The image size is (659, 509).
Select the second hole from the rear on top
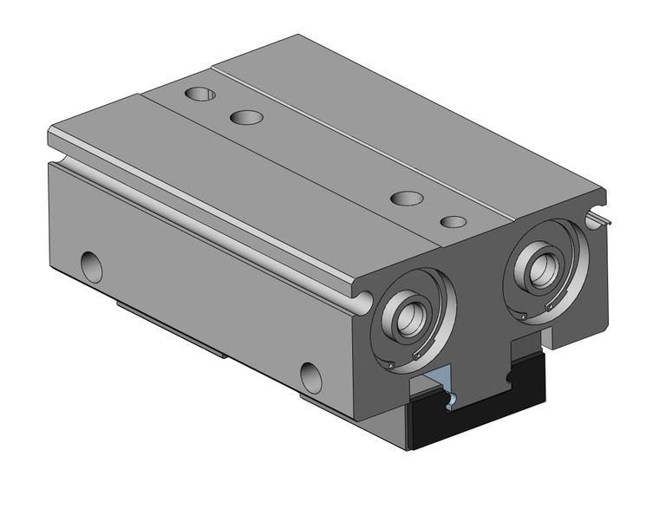[x=247, y=116]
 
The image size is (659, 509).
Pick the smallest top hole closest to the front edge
[x=452, y=222]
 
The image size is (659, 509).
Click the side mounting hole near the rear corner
[x=91, y=267]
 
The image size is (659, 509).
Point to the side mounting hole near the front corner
[x=310, y=377]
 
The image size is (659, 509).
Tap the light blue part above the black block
[x=438, y=381]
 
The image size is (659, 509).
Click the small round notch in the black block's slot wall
[x=451, y=399]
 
